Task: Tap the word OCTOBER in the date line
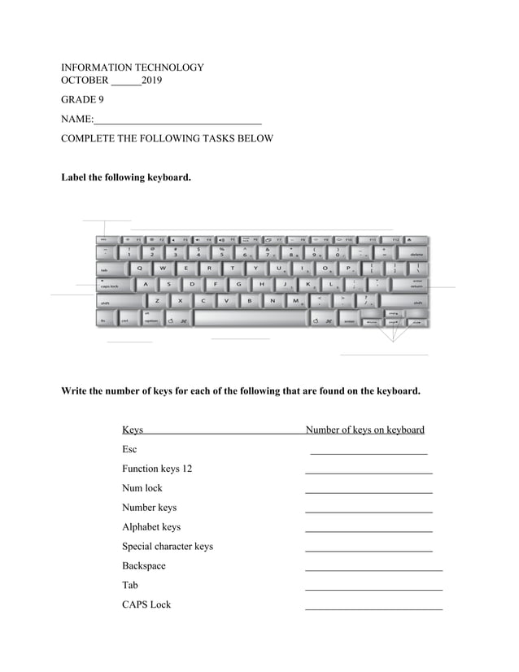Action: tap(85, 81)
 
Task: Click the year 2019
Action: tap(151, 81)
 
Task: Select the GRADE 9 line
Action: tap(82, 100)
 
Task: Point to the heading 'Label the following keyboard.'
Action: tap(126, 177)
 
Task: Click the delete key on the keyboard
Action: tap(416, 254)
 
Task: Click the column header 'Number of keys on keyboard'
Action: tap(364, 430)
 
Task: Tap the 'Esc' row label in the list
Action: tap(129, 449)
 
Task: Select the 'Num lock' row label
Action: tap(142, 488)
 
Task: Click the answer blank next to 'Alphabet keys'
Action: tap(369, 531)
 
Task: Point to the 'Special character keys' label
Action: tap(168, 547)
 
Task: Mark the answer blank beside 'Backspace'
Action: tap(373, 570)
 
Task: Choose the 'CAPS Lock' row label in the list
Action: tap(146, 605)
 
